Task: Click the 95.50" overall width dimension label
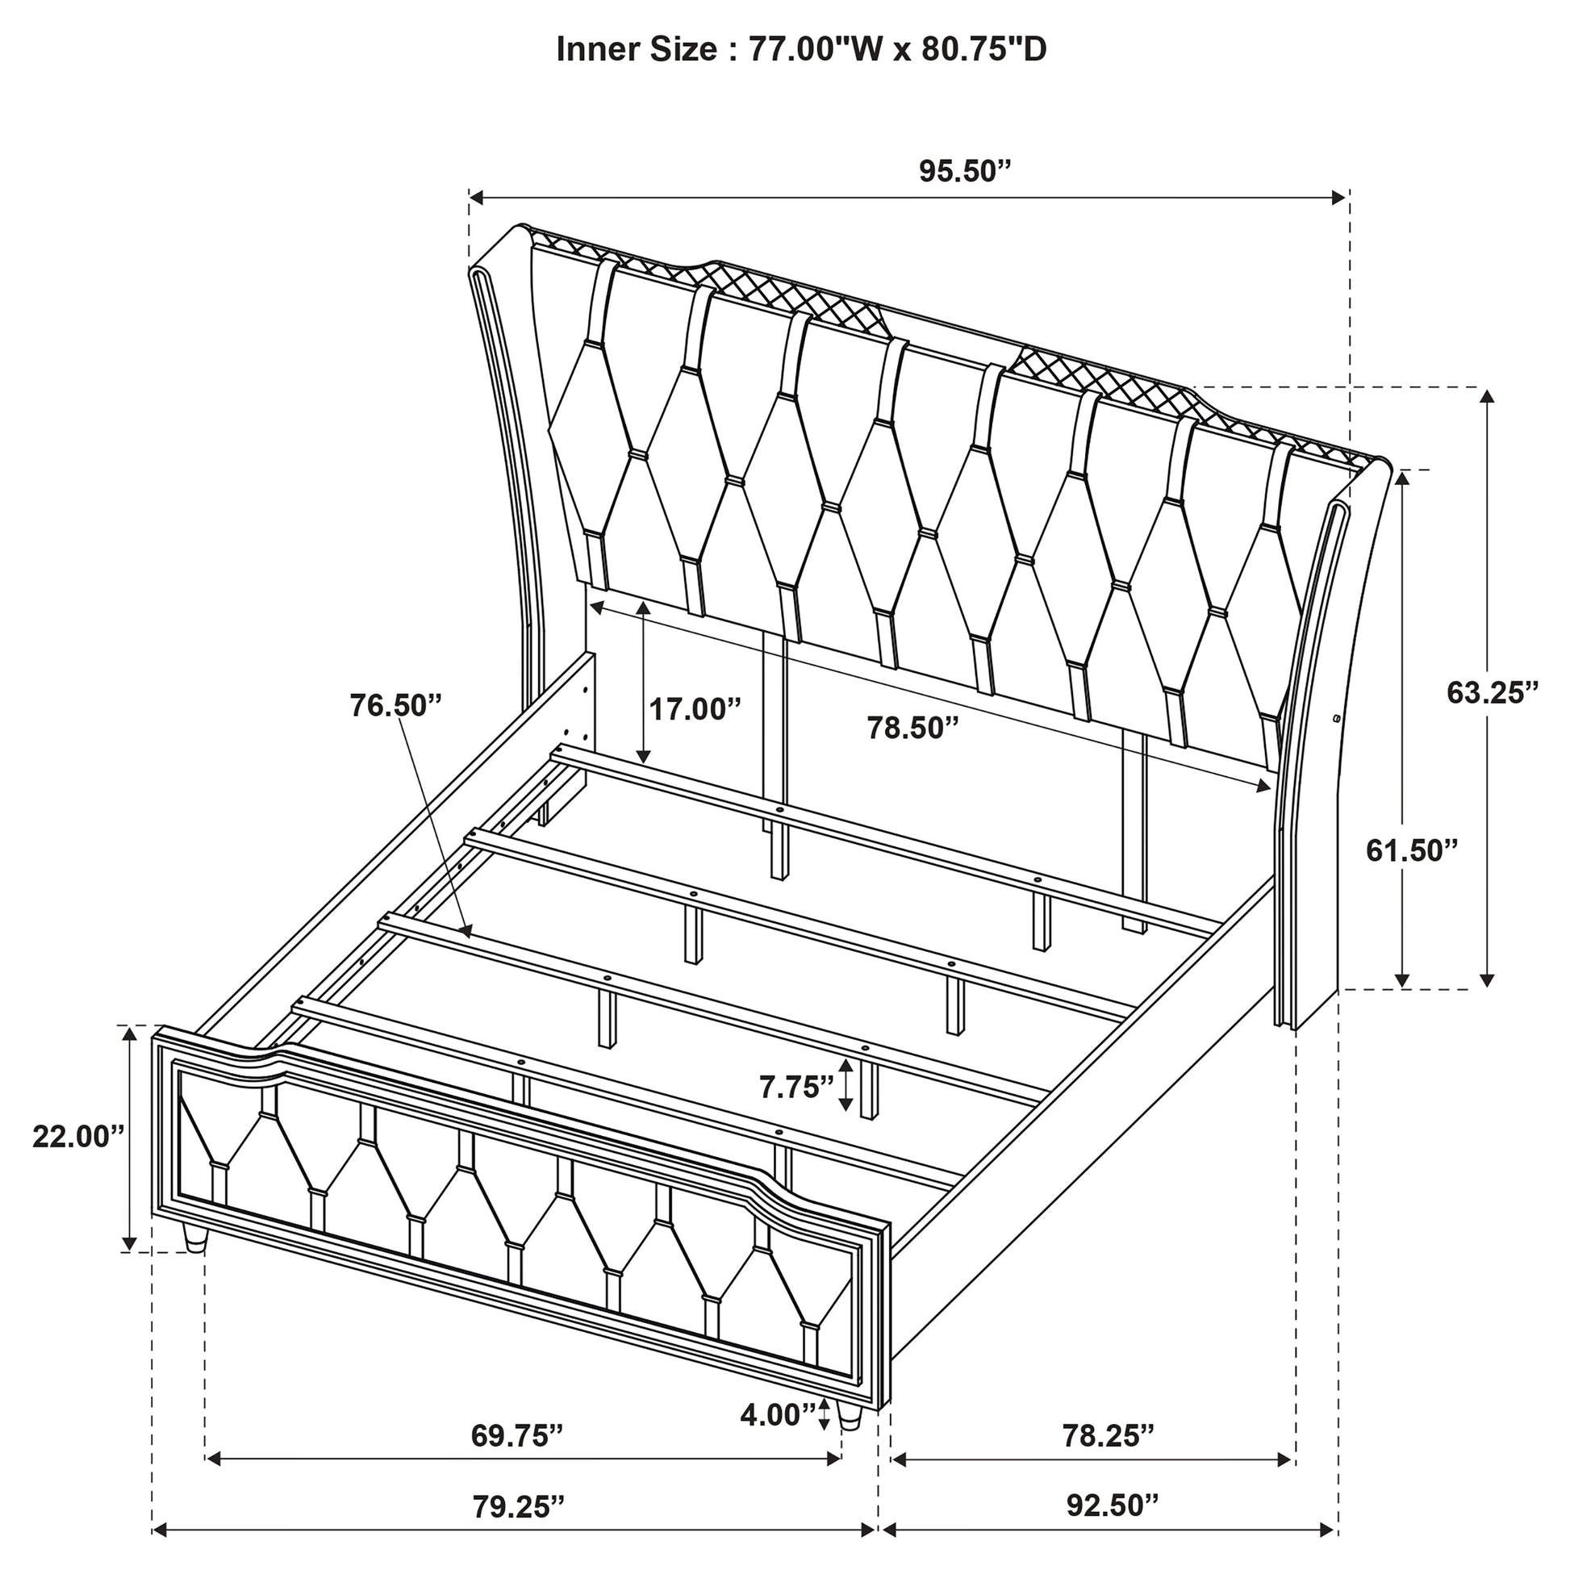point(966,173)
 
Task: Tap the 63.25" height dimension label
point(1493,692)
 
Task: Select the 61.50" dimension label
point(1413,851)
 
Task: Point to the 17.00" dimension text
point(695,708)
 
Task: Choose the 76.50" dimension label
point(396,705)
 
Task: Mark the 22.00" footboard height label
point(79,1137)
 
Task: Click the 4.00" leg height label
point(778,1415)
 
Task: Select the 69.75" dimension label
point(517,1458)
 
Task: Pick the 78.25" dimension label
point(1109,1458)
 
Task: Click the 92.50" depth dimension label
point(1113,1528)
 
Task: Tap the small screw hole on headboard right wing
point(1336,718)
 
